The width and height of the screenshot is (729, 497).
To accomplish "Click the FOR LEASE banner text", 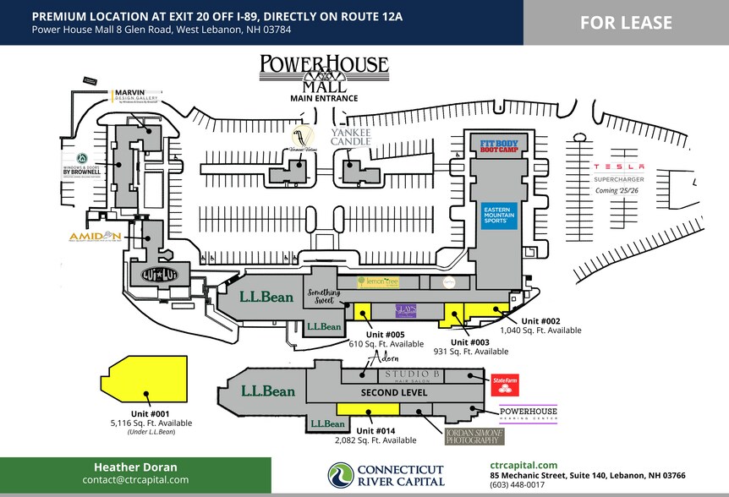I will tap(626, 23).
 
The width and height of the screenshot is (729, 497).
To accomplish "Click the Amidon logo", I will tap(96, 237).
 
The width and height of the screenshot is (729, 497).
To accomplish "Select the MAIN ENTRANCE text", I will tap(324, 98).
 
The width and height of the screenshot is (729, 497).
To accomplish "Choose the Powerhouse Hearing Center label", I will tap(529, 412).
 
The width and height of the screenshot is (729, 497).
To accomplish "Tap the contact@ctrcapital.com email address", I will tap(135, 479).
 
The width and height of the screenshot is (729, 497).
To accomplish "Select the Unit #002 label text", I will tap(540, 320).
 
